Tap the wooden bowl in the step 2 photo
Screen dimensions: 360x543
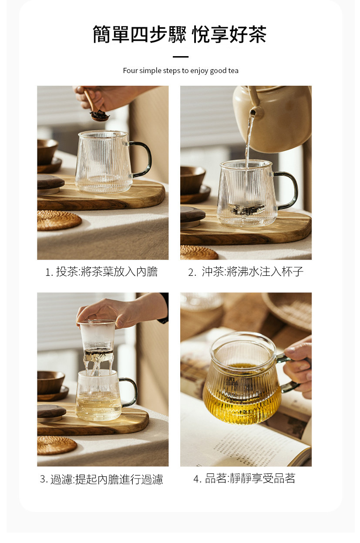click(x=192, y=181)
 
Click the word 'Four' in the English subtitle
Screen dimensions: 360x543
click(x=130, y=70)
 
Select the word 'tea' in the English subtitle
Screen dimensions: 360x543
click(x=233, y=70)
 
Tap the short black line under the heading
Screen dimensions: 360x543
click(x=181, y=57)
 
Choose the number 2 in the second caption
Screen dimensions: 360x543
click(x=191, y=272)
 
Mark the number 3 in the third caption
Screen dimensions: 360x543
click(x=43, y=479)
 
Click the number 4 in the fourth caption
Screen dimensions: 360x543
click(x=196, y=479)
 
